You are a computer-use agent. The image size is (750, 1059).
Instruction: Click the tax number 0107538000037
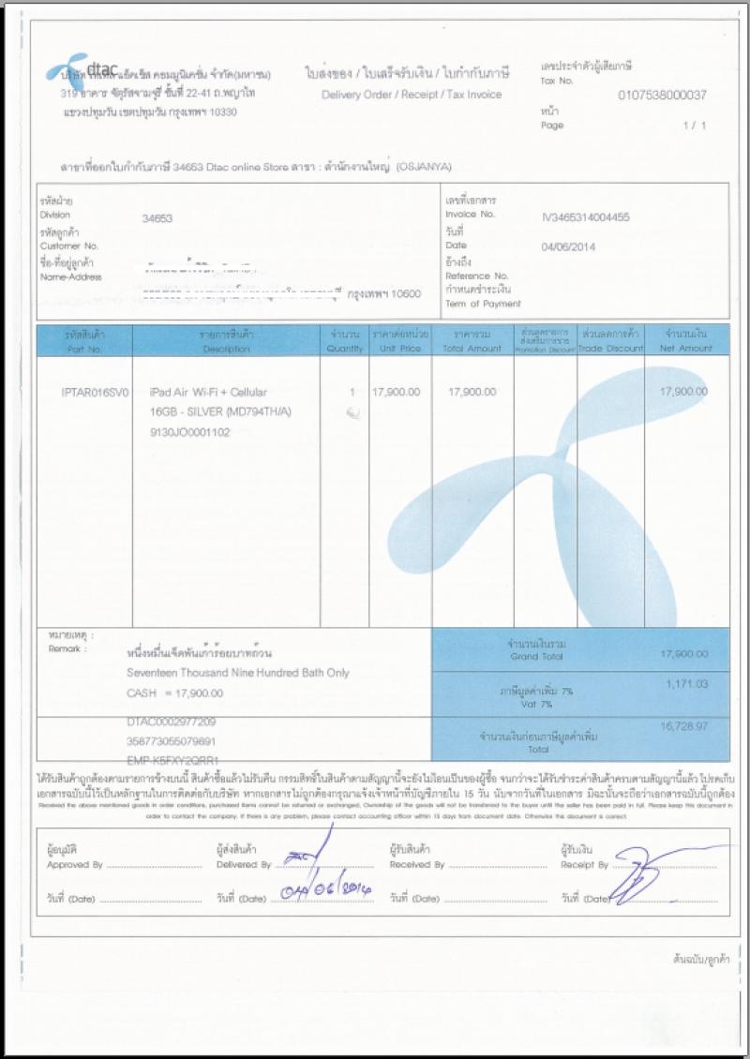(x=662, y=96)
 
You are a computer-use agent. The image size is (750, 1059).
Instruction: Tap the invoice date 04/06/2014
(x=568, y=247)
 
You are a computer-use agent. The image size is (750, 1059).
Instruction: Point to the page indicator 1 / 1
(x=695, y=126)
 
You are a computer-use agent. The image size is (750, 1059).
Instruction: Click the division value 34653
(x=157, y=217)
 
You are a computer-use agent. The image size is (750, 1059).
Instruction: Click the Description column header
(x=226, y=349)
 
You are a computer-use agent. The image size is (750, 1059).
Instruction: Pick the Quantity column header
(x=344, y=349)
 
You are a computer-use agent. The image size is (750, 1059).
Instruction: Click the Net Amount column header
(x=686, y=349)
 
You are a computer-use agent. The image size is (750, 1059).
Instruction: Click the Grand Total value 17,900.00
(x=683, y=654)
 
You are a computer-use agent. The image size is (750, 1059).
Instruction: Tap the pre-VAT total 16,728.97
(x=683, y=726)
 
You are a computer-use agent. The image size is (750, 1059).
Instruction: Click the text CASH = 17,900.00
(x=174, y=693)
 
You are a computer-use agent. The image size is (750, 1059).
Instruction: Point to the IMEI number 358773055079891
(x=172, y=740)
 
